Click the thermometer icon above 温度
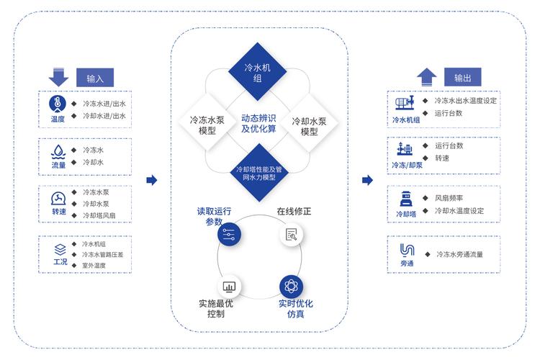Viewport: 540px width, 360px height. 58,102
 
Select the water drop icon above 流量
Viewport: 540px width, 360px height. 58,152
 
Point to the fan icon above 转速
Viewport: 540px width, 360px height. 58,199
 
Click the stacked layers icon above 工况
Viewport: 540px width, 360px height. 60,249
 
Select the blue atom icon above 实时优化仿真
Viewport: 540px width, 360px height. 292,284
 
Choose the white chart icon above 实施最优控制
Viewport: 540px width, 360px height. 228,284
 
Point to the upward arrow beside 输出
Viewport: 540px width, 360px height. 426,76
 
